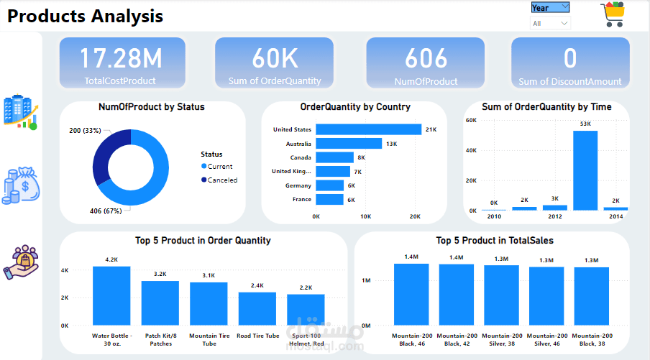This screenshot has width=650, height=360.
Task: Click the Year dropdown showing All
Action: [x=550, y=23]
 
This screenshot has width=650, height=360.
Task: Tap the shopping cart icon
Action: [x=613, y=14]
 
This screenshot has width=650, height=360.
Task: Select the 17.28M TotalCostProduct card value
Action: [x=121, y=58]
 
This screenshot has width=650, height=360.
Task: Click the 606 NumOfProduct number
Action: [x=426, y=58]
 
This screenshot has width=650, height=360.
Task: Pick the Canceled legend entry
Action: [x=219, y=180]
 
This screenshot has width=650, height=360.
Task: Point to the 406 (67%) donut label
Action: [x=106, y=211]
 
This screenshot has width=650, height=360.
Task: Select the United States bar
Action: [x=369, y=129]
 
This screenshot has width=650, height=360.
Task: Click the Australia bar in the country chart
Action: [x=349, y=143]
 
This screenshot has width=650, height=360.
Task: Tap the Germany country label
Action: [x=298, y=185]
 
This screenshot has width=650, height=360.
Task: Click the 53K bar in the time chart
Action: [x=585, y=171]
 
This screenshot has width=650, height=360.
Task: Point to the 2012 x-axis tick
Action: [x=555, y=216]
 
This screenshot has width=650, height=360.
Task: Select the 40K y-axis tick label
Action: [x=471, y=150]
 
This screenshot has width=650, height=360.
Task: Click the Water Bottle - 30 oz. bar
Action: [x=111, y=296]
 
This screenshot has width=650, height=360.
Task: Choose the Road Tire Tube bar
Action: [x=257, y=309]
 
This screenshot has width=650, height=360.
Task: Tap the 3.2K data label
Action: [x=160, y=274]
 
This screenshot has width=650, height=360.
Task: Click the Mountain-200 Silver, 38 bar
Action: [x=502, y=295]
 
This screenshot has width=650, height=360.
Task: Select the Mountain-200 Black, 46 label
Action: [x=412, y=340]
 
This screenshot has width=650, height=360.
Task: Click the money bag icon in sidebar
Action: [x=21, y=185]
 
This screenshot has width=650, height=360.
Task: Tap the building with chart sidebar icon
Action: [x=21, y=112]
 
